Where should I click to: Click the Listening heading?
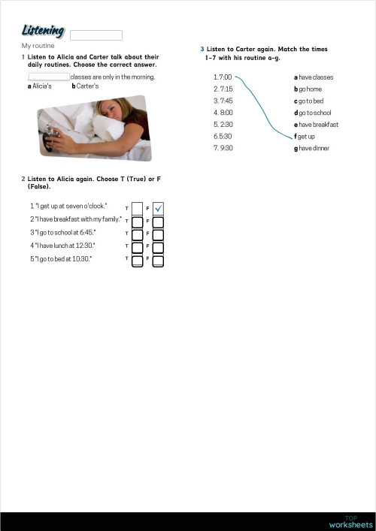tap(43, 31)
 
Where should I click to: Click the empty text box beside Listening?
tap(96, 35)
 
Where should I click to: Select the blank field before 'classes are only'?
tap(48, 77)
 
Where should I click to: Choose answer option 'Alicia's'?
tap(41, 86)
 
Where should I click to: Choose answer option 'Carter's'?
tap(87, 86)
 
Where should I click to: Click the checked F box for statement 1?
tap(158, 208)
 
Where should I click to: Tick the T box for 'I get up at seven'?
tap(137, 208)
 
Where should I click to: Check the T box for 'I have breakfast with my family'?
tap(137, 222)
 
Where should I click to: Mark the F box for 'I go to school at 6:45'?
tap(158, 234)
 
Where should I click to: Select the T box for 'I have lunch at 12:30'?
tap(137, 247)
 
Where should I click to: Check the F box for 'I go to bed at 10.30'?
tap(158, 260)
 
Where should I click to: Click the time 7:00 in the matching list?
tap(223, 77)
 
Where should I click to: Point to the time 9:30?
tap(223, 148)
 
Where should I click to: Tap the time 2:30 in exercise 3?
tap(223, 125)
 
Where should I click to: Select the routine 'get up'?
tap(305, 137)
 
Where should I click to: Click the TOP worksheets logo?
tap(350, 522)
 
